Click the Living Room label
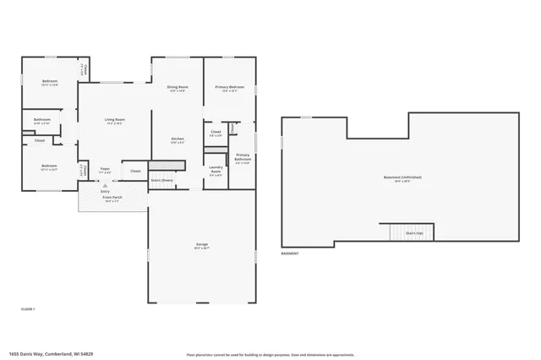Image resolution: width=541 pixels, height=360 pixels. (115, 121)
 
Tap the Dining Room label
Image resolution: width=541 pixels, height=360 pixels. (178, 87)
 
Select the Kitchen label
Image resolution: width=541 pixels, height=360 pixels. (178, 139)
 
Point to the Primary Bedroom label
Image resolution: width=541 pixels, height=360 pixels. (229, 87)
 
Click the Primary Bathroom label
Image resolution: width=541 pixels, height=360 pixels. (243, 157)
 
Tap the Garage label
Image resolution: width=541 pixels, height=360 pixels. (201, 245)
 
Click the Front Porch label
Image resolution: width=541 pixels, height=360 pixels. (112, 199)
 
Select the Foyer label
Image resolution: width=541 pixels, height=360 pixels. (105, 169)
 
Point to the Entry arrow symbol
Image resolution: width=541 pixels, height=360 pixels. (106, 183)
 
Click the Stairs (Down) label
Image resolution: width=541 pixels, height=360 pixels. (162, 180)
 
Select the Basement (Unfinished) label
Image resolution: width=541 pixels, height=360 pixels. (402, 177)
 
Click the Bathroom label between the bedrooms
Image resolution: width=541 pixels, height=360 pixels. (42, 121)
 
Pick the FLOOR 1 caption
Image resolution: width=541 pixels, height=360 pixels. (27, 310)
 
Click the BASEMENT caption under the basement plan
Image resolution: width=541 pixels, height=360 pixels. (290, 254)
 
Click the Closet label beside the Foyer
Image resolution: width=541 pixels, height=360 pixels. (135, 171)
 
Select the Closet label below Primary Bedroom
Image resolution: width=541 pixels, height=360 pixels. (216, 132)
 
